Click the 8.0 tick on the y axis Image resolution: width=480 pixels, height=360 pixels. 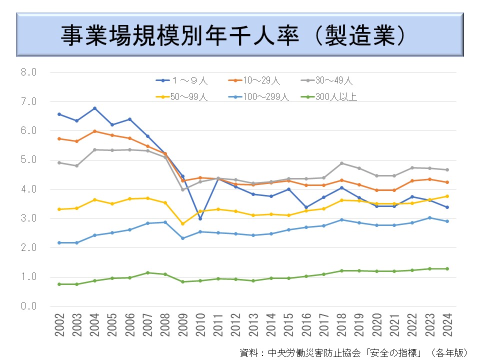point(28,72)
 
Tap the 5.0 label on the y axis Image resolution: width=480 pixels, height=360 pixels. point(28,160)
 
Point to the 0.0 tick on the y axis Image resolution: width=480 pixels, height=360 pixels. point(28,306)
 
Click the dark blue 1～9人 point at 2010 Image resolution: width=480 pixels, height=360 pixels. point(200,218)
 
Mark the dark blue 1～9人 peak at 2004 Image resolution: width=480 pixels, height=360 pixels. point(94,108)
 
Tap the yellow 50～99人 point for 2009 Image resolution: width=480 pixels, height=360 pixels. point(182,223)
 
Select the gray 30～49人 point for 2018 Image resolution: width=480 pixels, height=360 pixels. point(341,163)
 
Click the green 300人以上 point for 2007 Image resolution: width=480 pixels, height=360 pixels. point(147,272)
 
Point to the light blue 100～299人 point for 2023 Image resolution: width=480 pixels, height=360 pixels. point(429,217)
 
